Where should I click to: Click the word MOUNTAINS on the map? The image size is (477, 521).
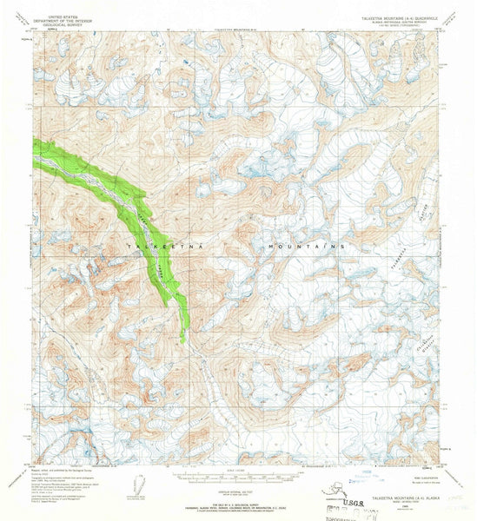[x=308, y=247]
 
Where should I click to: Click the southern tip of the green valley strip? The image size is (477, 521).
[x=183, y=341]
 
